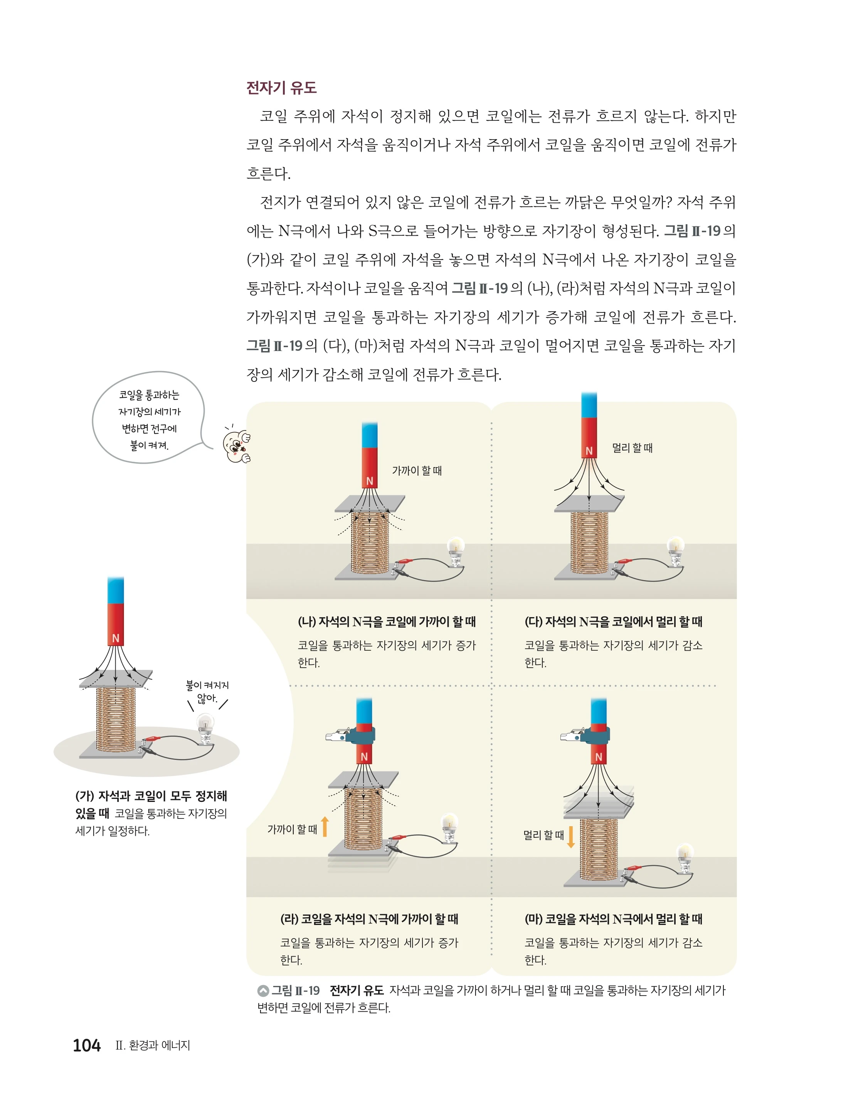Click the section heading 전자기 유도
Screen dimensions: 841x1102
point(281,88)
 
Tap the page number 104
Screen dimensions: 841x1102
point(87,1045)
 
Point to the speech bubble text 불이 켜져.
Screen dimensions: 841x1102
point(149,445)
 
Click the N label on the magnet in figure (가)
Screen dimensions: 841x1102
point(116,638)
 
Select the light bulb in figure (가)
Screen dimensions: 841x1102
point(205,728)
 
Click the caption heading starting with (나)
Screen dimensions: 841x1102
point(387,622)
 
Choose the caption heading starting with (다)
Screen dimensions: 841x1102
point(613,622)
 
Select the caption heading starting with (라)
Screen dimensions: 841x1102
point(369,919)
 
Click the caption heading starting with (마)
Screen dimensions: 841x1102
point(613,919)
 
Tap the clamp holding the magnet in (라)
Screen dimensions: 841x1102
point(350,735)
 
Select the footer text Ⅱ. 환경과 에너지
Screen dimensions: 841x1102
point(153,1045)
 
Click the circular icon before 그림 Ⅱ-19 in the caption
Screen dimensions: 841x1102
point(263,991)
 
